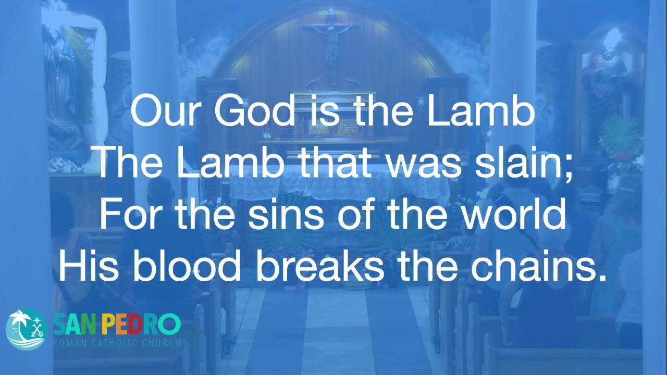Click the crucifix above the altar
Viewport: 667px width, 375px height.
pyautogui.click(x=330, y=45)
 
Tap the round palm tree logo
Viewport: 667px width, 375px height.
pyautogui.click(x=27, y=330)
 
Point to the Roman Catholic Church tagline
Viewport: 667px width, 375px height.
pyautogui.click(x=117, y=343)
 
